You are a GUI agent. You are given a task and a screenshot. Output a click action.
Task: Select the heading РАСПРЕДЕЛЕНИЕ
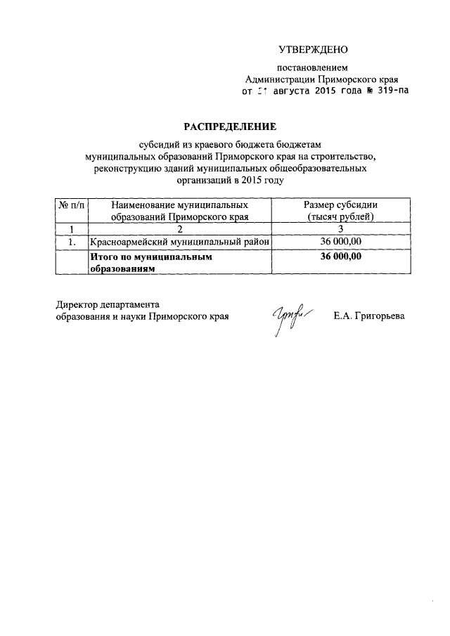231,126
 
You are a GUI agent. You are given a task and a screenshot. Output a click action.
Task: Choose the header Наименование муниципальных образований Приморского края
179,209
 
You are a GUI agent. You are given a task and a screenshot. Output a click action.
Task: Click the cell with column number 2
179,228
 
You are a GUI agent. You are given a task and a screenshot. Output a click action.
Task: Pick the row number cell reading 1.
71,242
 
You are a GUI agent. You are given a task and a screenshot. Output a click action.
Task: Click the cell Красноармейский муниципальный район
179,242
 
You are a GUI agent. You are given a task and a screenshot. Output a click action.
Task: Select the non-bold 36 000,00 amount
340,242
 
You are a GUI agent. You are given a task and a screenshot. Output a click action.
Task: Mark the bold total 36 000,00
340,257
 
